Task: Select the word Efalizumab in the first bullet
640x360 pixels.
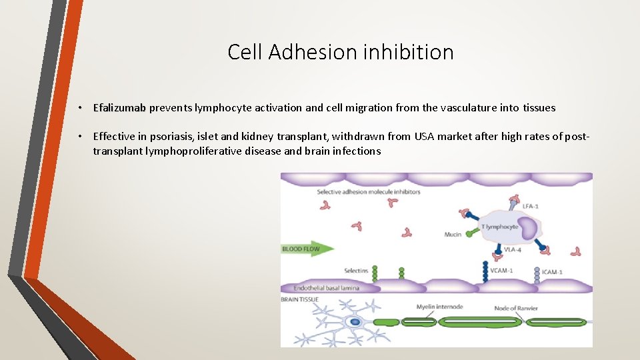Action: [x=121, y=107]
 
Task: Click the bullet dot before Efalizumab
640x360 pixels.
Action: [x=79, y=108]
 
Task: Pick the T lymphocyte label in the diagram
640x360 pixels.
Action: [x=499, y=227]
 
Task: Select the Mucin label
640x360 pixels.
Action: [x=453, y=234]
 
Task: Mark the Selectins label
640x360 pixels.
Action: [x=356, y=271]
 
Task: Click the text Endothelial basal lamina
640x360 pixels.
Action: [x=317, y=288]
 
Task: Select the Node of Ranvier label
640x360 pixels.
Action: [x=517, y=308]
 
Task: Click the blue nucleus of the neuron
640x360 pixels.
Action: [x=355, y=322]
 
